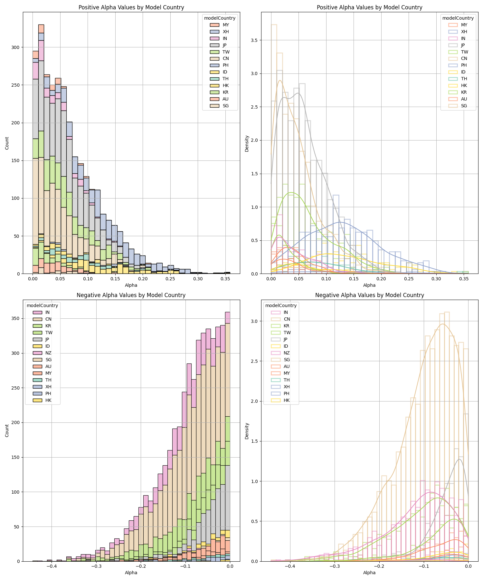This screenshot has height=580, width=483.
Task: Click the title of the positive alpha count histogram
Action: (131, 7)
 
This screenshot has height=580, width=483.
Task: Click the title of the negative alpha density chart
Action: (369, 295)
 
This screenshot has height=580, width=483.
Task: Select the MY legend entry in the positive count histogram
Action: (226, 25)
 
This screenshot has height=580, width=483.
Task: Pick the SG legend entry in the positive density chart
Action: (464, 106)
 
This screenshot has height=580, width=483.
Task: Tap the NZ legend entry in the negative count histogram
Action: (48, 353)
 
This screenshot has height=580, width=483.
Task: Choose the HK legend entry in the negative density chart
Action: (287, 401)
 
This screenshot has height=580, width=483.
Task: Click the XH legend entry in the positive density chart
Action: (464, 32)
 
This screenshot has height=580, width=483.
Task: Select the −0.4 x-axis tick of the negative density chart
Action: (290, 566)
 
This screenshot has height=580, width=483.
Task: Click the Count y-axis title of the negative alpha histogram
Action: (7, 430)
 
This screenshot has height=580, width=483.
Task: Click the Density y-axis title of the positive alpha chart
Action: (247, 143)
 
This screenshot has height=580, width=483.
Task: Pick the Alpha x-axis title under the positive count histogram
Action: (131, 285)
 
